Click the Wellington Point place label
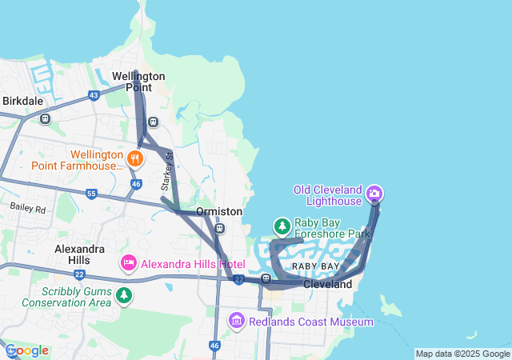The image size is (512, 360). pos(138,81)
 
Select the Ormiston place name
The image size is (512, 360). pos(219,211)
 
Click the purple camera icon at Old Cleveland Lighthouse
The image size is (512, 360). pos(374,194)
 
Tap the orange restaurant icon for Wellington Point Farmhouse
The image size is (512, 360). pos(134,158)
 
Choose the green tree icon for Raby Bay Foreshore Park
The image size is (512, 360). pos(282,226)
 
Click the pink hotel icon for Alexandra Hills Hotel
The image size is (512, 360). pos(128,263)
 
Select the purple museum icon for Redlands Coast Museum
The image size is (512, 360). pos(236,322)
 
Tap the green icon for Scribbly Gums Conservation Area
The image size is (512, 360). pos(124,296)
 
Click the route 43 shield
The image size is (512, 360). pos(94,95)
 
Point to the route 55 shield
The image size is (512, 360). pos(91,194)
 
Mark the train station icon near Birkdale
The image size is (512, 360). pos(45,119)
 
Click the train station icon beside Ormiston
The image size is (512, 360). pos(219,229)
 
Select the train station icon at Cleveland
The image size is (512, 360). pos(266,279)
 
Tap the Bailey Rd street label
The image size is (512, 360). pos(29,208)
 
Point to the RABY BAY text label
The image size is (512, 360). pos(315,266)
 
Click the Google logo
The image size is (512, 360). pos(26,350)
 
